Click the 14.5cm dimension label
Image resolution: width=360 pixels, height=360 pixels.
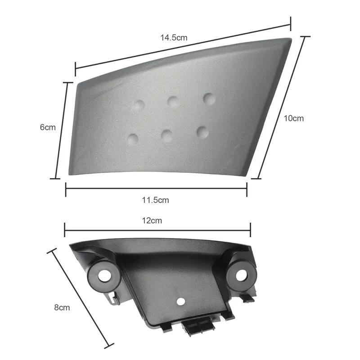coord(174,38)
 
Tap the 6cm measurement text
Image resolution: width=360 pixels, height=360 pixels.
coord(48,127)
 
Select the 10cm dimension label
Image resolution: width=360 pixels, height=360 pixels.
coord(293,118)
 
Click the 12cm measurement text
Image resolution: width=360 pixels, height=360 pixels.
coord(152,220)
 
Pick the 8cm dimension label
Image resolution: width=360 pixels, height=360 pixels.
coord(62,308)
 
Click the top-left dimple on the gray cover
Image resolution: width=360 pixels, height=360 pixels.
coord(138,106)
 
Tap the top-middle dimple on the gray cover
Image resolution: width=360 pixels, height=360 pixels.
coord(174,102)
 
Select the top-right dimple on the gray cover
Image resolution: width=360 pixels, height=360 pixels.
coord(209,98)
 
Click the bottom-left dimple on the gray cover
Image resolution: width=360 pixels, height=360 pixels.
coord(133,139)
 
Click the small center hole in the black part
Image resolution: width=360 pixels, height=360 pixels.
coord(180,301)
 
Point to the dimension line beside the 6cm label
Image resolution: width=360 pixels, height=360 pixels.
coord(62,130)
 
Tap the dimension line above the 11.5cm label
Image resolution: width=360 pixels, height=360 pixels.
coord(156,189)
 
